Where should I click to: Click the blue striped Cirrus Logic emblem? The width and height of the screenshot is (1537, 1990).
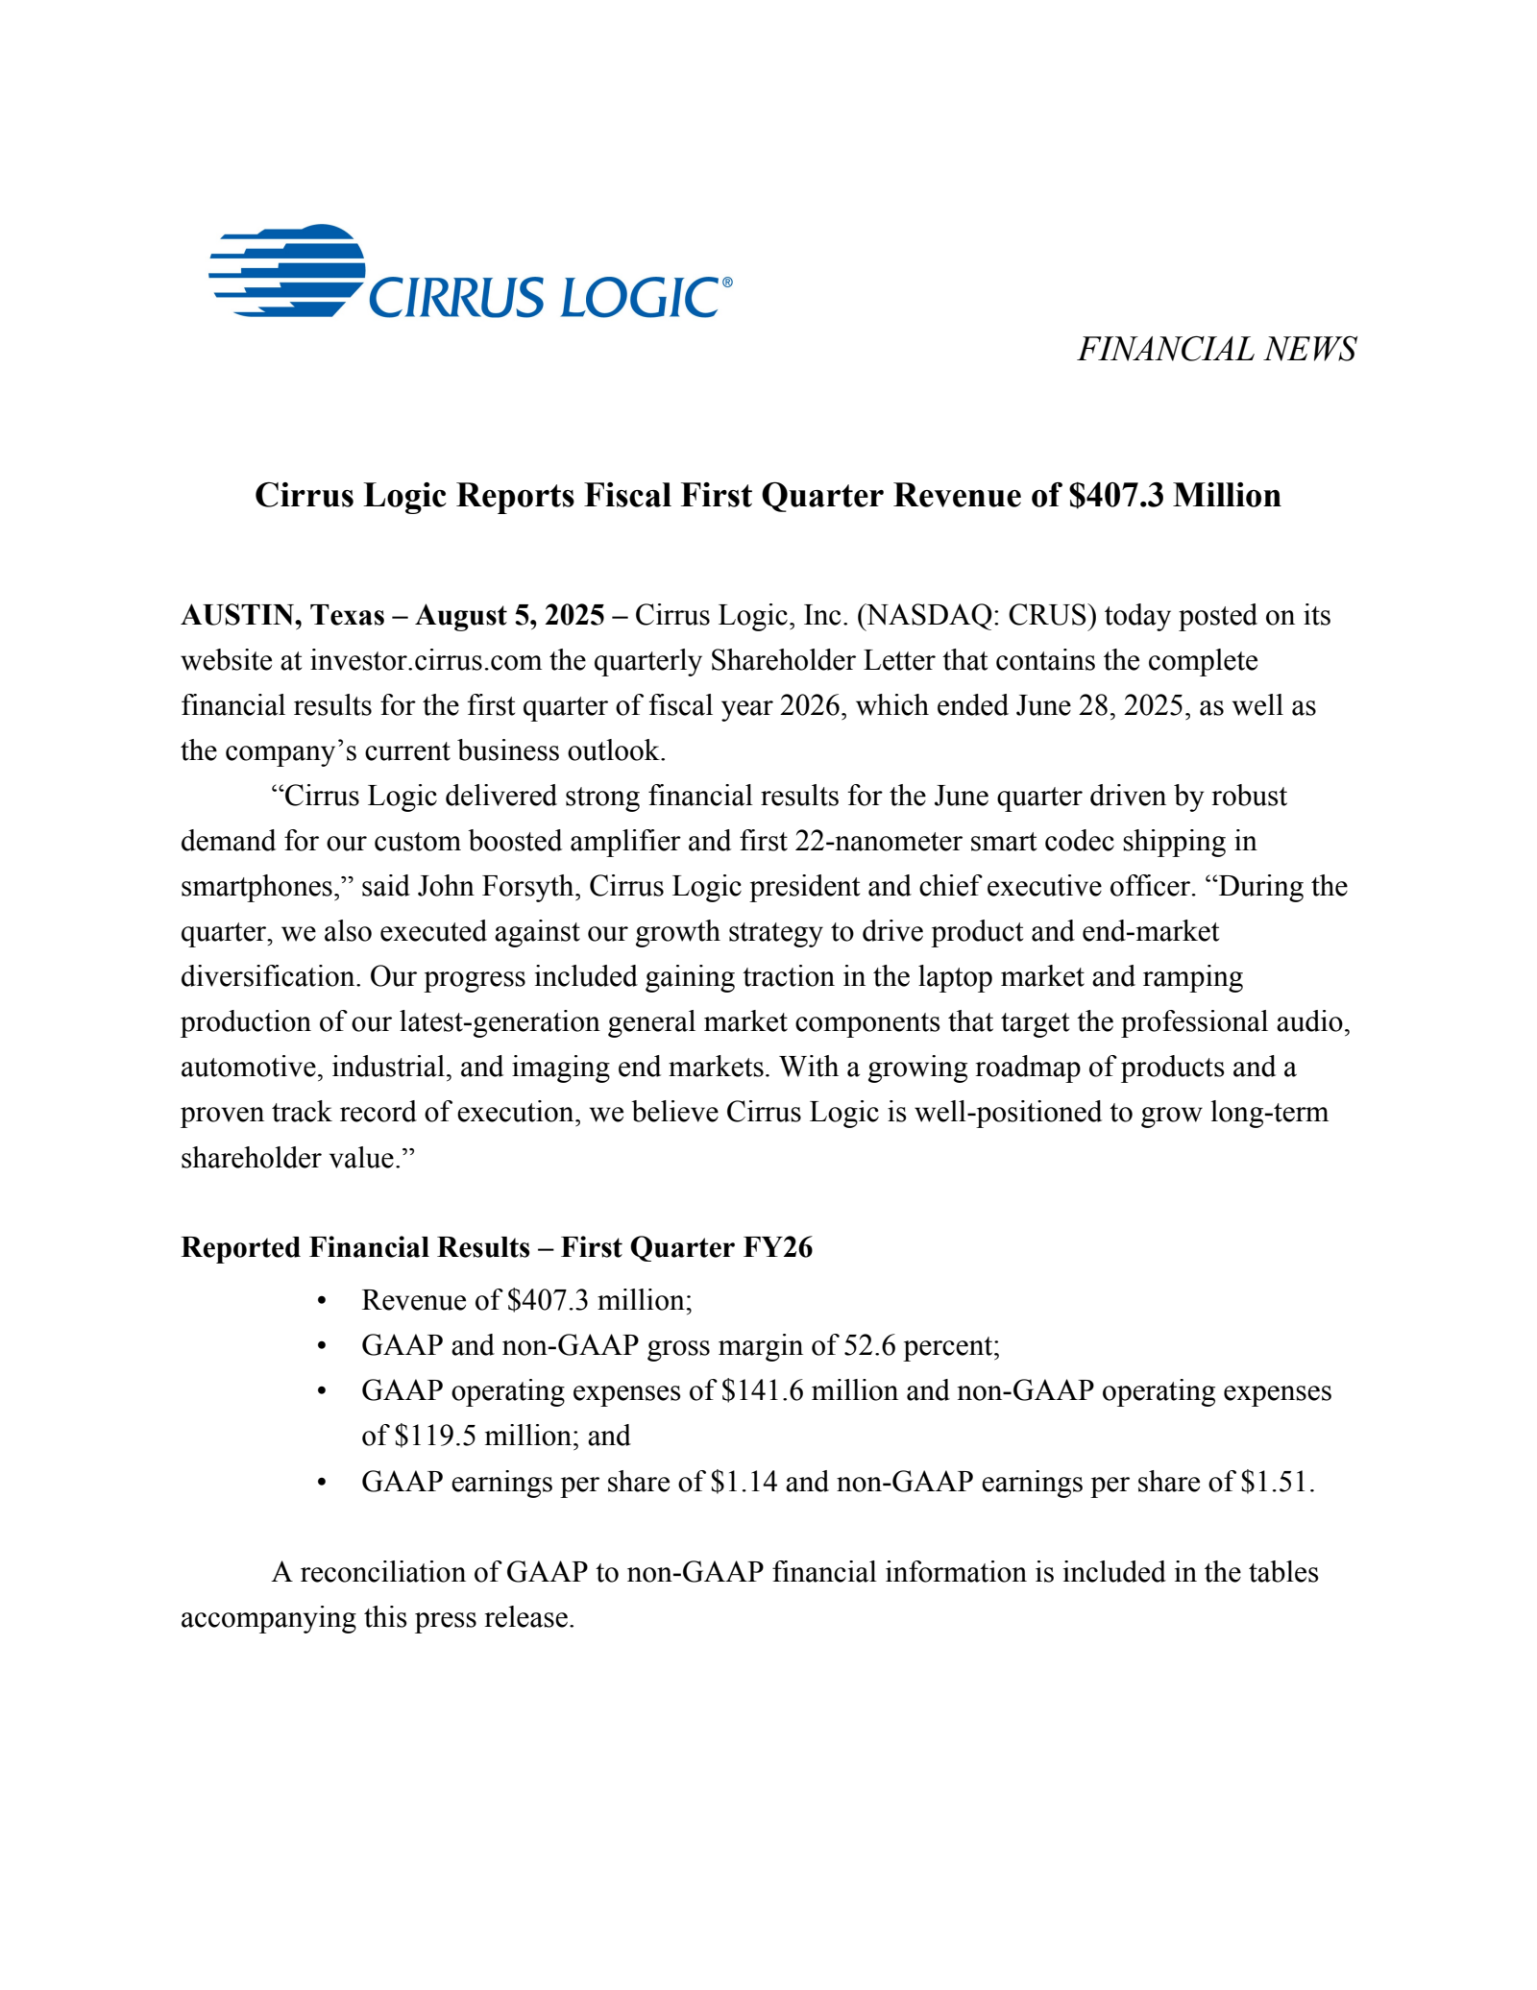click(x=288, y=271)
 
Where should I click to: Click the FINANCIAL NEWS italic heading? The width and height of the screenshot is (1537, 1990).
click(x=1216, y=349)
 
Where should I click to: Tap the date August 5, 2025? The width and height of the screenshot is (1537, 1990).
click(x=509, y=615)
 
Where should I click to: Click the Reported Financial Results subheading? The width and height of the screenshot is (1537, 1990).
click(x=497, y=1247)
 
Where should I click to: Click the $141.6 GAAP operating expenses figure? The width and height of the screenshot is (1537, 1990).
click(x=762, y=1390)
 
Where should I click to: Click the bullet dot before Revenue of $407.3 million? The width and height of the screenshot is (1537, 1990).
click(x=322, y=1301)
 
